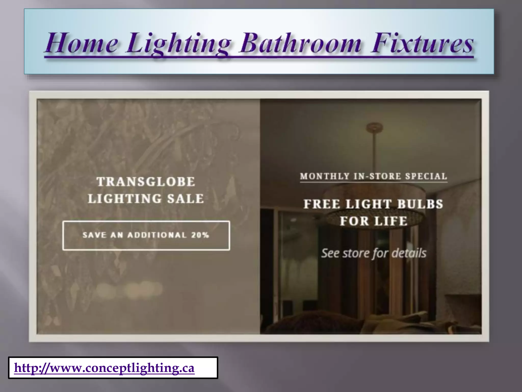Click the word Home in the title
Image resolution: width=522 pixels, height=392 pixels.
point(81,43)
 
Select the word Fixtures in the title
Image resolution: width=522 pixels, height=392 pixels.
point(422,43)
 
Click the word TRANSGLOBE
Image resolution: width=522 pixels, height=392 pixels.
point(146,182)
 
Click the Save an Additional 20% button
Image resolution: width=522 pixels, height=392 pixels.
point(146,235)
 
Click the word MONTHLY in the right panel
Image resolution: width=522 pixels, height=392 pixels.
point(325,176)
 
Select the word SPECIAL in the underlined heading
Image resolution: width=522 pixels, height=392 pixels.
point(426,176)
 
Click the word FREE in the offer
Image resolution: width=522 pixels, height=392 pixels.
point(322,204)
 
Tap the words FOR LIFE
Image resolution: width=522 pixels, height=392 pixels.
point(374,221)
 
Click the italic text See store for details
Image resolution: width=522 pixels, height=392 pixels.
point(374,253)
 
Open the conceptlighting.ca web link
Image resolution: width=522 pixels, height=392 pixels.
point(104,368)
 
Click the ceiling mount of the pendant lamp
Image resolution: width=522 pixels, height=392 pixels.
point(373,127)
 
